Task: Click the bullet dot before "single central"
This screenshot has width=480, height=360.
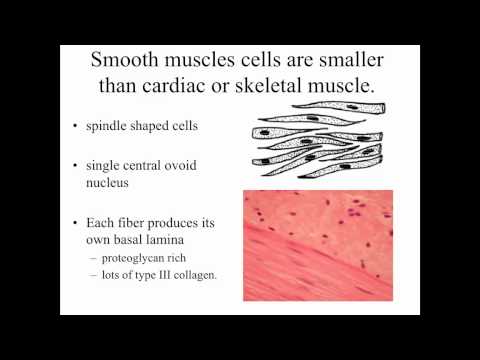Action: [79, 168]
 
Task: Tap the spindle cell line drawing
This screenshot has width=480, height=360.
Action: [318, 140]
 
